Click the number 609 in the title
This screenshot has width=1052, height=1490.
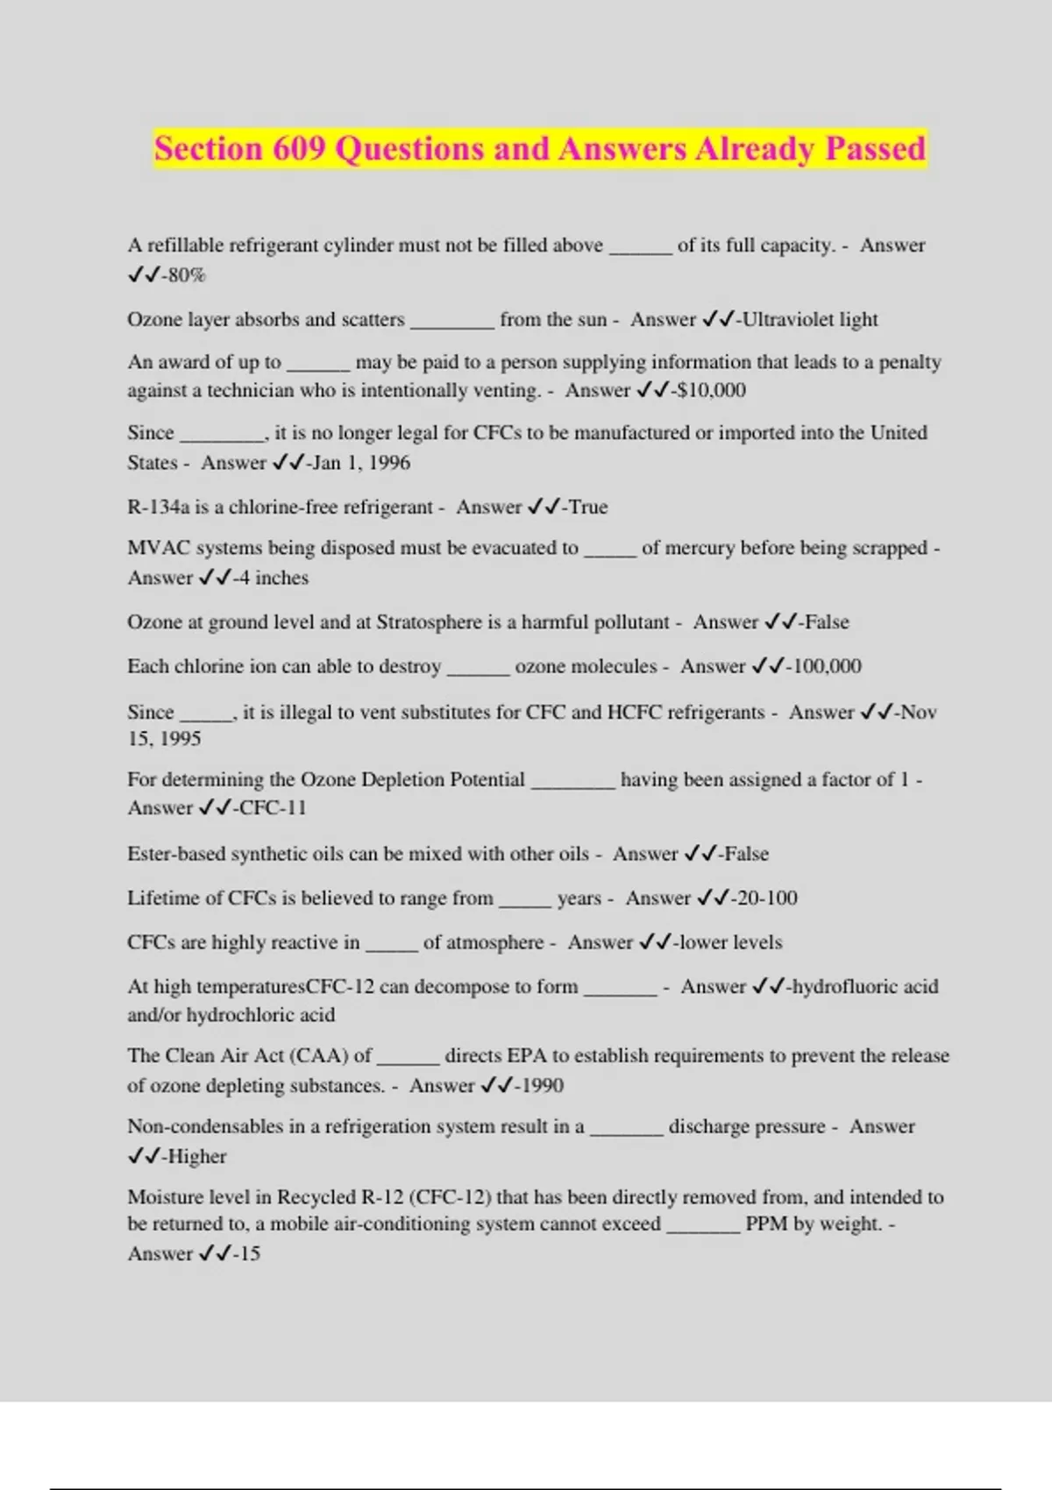299,149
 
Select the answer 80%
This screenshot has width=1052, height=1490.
187,275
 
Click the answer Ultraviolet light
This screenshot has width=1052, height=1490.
810,320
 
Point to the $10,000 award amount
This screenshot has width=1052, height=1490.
711,391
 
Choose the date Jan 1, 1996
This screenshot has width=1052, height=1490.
360,463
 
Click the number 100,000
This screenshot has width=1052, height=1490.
827,666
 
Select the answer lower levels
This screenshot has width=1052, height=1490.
730,943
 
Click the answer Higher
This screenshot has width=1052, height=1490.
196,1157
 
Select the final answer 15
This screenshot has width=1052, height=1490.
250,1254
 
